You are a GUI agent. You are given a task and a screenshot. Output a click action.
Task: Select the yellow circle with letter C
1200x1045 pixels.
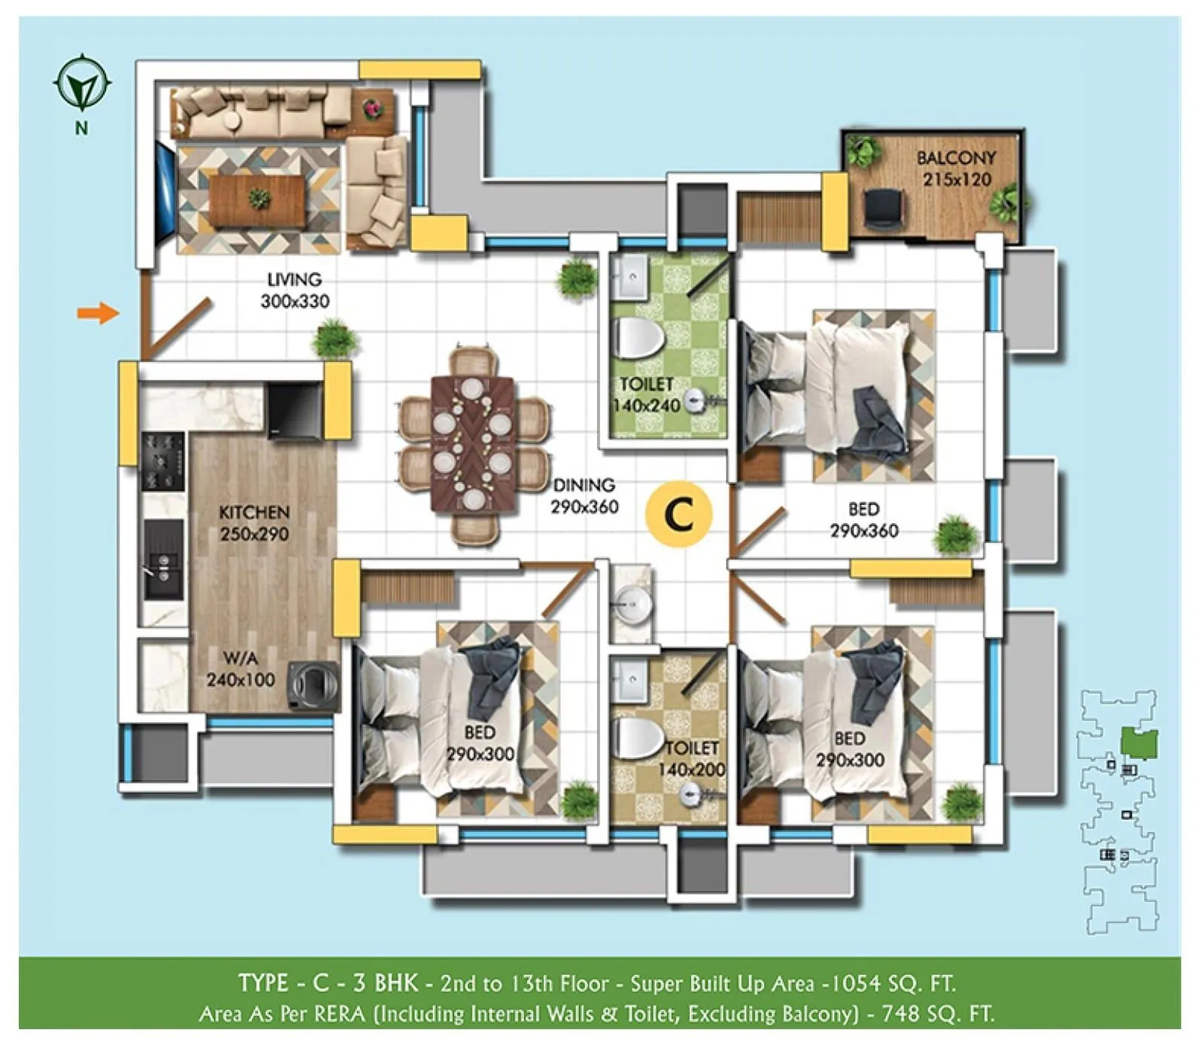point(679,515)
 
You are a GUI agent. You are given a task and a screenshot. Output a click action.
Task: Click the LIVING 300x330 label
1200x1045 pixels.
point(294,291)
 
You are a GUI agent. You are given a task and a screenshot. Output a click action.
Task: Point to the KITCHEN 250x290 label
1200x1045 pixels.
point(254,523)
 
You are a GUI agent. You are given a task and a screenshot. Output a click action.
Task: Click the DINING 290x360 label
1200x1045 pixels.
point(584,496)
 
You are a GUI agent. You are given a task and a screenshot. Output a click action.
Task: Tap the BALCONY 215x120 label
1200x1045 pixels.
point(956,169)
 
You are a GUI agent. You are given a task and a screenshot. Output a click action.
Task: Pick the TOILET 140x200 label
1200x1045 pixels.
point(691,759)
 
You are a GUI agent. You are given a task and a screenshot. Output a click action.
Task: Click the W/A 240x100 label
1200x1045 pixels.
point(241,669)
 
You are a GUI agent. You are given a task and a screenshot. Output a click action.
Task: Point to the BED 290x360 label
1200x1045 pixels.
point(863,520)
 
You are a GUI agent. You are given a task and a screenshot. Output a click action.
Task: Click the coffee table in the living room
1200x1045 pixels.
point(258,200)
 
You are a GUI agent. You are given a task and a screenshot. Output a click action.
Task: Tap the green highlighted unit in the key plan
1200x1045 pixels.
point(1139,743)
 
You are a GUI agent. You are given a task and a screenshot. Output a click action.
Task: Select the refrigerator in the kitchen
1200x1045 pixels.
point(294,410)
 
